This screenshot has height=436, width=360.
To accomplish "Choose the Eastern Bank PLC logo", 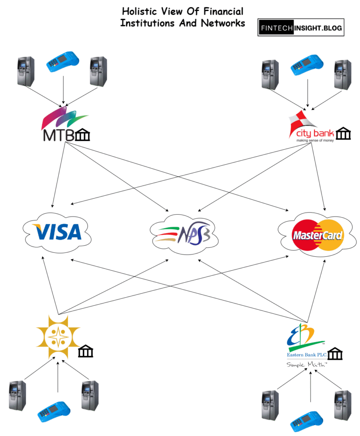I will tap(306, 343).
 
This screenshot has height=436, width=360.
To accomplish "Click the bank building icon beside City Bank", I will tap(343, 135).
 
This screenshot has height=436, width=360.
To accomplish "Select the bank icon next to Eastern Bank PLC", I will tap(335, 354).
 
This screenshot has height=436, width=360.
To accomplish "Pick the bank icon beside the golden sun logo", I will tap(86, 352).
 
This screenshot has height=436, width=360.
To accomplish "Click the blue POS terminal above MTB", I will tap(63, 63).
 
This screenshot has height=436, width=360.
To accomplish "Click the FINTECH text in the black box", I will tap(275, 28).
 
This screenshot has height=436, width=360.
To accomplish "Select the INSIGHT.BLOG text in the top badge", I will tap(317, 28).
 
